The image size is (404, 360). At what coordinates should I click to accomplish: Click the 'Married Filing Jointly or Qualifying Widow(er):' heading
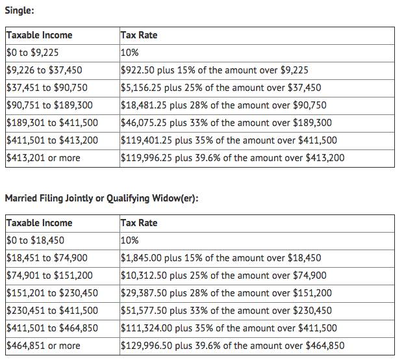click(x=101, y=198)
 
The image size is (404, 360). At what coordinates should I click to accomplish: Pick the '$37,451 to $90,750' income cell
click(x=46, y=88)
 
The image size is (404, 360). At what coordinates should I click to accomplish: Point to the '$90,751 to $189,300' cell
click(x=49, y=105)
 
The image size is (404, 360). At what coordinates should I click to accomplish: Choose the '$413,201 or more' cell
click(x=43, y=158)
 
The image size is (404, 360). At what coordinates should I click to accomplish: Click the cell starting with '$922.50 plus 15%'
click(x=214, y=70)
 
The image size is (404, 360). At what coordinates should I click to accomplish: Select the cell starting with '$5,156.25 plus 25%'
click(x=221, y=88)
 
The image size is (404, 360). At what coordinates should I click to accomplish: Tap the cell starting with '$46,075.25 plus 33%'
click(x=226, y=123)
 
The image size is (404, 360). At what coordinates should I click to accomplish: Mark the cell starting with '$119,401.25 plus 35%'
click(x=229, y=140)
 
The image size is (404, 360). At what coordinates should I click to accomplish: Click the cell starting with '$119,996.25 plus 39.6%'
click(x=233, y=158)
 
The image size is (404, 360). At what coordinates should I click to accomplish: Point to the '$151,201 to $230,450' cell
click(x=51, y=293)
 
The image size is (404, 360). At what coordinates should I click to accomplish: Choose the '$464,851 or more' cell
click(x=43, y=346)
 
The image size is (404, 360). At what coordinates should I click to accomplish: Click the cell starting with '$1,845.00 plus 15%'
click(x=221, y=258)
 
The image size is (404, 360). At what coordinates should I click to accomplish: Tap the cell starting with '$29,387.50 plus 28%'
click(x=226, y=293)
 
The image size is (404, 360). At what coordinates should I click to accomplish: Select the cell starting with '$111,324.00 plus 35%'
click(x=229, y=328)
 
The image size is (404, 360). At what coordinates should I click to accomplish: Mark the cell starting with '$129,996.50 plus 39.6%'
click(x=233, y=346)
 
